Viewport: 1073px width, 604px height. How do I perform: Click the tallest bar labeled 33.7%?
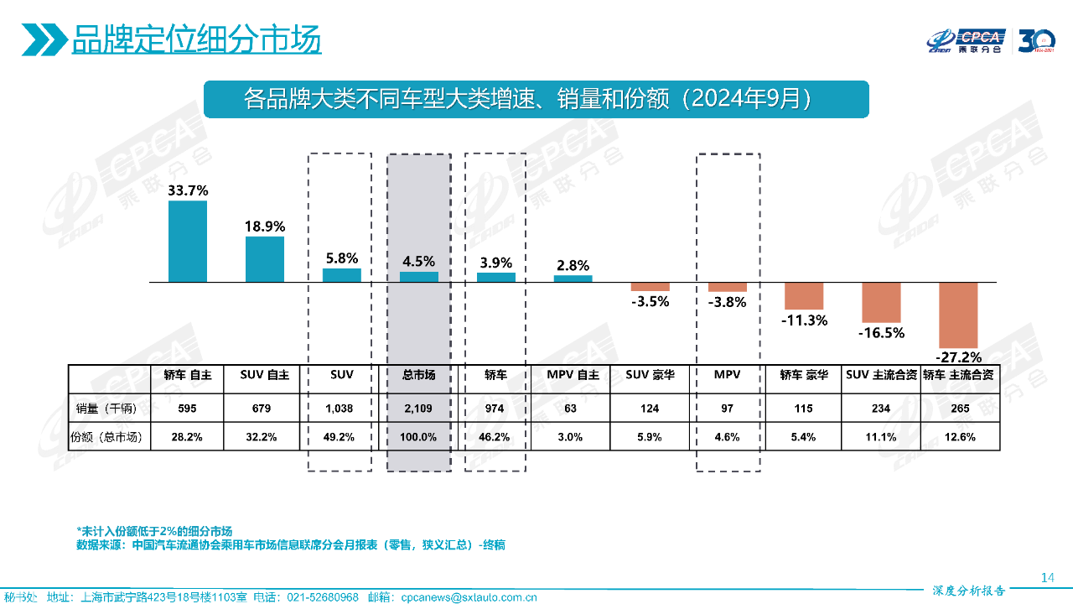pyautogui.click(x=187, y=242)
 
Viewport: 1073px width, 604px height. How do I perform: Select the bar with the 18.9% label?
pyautogui.click(x=264, y=259)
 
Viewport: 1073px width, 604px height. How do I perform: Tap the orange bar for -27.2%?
pyautogui.click(x=958, y=315)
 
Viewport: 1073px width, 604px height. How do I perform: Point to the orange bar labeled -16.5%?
pyautogui.click(x=881, y=303)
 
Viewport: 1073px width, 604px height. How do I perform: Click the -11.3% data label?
pyautogui.click(x=804, y=320)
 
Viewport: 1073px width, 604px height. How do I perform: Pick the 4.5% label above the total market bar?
pyautogui.click(x=418, y=262)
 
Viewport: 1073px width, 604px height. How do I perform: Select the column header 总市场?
pyautogui.click(x=418, y=375)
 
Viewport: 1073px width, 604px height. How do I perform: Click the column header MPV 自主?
pyautogui.click(x=573, y=375)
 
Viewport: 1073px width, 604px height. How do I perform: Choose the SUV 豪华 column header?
pyautogui.click(x=650, y=375)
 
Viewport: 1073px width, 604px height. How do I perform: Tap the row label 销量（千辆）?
pyautogui.click(x=106, y=409)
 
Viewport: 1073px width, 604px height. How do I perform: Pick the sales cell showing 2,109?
pyautogui.click(x=418, y=409)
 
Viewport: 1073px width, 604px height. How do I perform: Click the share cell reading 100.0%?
pyautogui.click(x=418, y=437)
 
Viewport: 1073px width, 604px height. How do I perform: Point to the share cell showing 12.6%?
pyautogui.click(x=959, y=437)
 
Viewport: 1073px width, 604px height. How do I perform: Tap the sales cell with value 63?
pyautogui.click(x=573, y=409)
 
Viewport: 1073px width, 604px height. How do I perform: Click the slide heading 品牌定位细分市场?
pyautogui.click(x=196, y=39)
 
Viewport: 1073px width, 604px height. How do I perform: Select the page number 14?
pyautogui.click(x=1046, y=577)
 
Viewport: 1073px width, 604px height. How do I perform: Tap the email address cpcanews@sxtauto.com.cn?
pyautogui.click(x=469, y=597)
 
